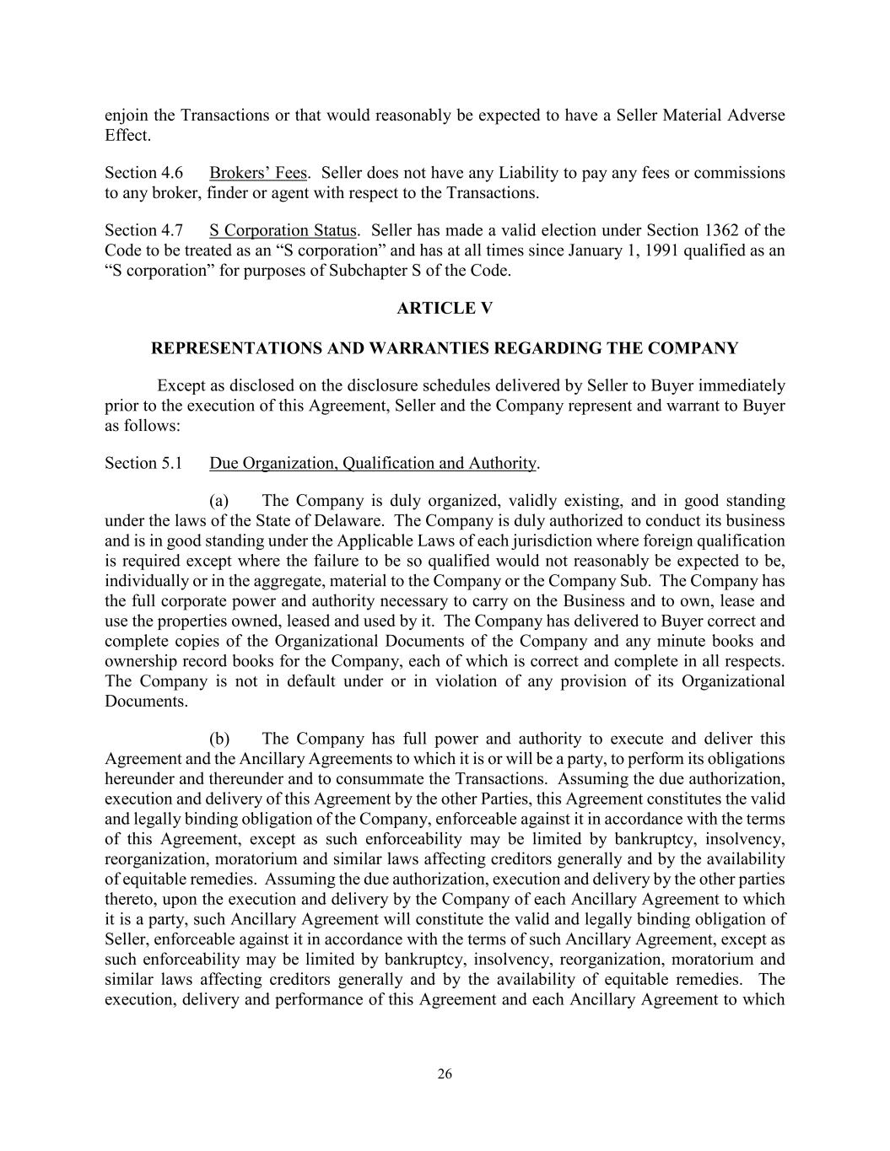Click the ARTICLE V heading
445,309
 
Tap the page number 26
445,1073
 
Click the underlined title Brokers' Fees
258,173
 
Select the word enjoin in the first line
127,116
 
